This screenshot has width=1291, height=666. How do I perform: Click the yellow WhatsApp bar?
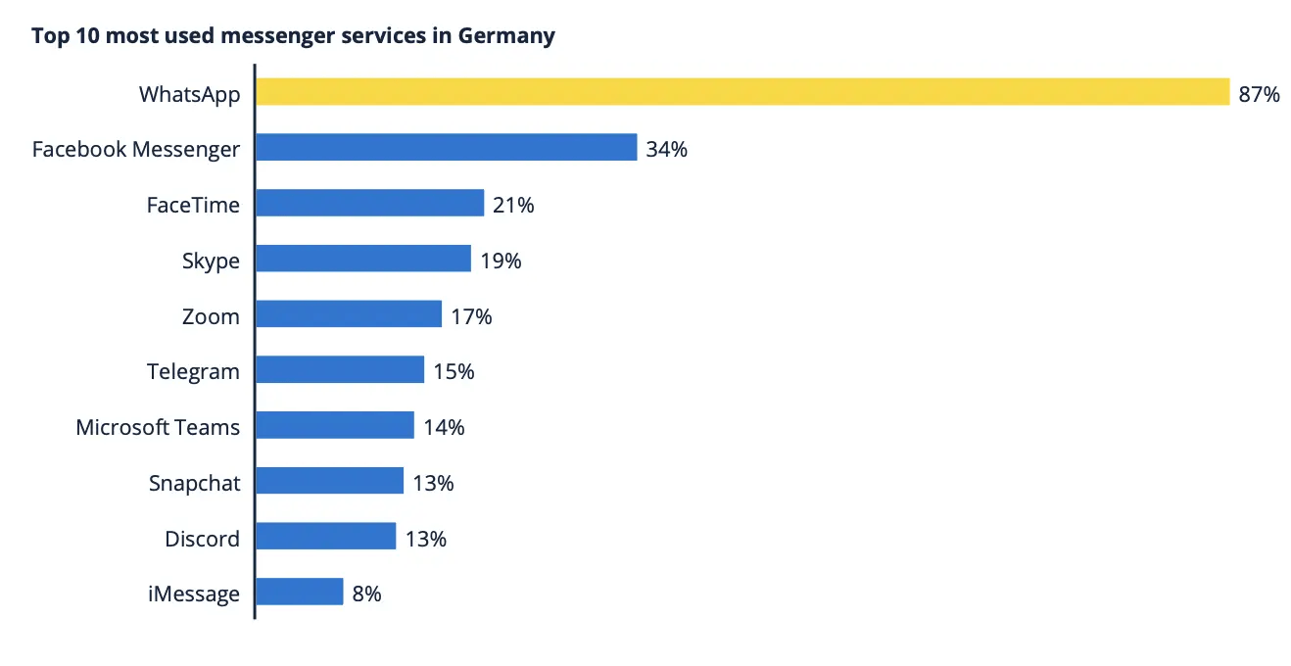coord(741,92)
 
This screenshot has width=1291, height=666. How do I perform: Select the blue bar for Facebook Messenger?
coord(446,148)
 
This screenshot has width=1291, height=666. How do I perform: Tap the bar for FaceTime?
coord(369,204)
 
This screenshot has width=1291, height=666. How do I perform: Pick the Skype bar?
coord(362,260)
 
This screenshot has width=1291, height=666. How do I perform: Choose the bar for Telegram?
coord(339,370)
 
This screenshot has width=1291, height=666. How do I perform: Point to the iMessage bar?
coord(299,593)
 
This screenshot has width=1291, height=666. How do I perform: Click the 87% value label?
coord(1259,94)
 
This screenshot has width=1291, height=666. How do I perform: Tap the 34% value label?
coord(666,150)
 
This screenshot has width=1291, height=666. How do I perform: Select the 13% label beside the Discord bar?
coord(425,539)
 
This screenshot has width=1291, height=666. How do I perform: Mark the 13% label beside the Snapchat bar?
coord(433,483)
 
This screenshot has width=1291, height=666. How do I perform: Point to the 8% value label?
coord(366,594)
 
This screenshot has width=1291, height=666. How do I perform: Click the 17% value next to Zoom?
coord(471,316)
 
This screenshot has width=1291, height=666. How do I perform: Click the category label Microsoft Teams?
coord(158,428)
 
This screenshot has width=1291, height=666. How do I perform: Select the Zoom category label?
coord(211,316)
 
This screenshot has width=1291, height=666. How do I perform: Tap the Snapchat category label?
coord(194,483)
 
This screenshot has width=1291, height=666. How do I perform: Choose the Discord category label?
coord(202,539)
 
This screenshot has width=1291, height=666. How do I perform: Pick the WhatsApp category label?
coord(189,94)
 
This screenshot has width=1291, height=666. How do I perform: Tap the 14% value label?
coord(444,427)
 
